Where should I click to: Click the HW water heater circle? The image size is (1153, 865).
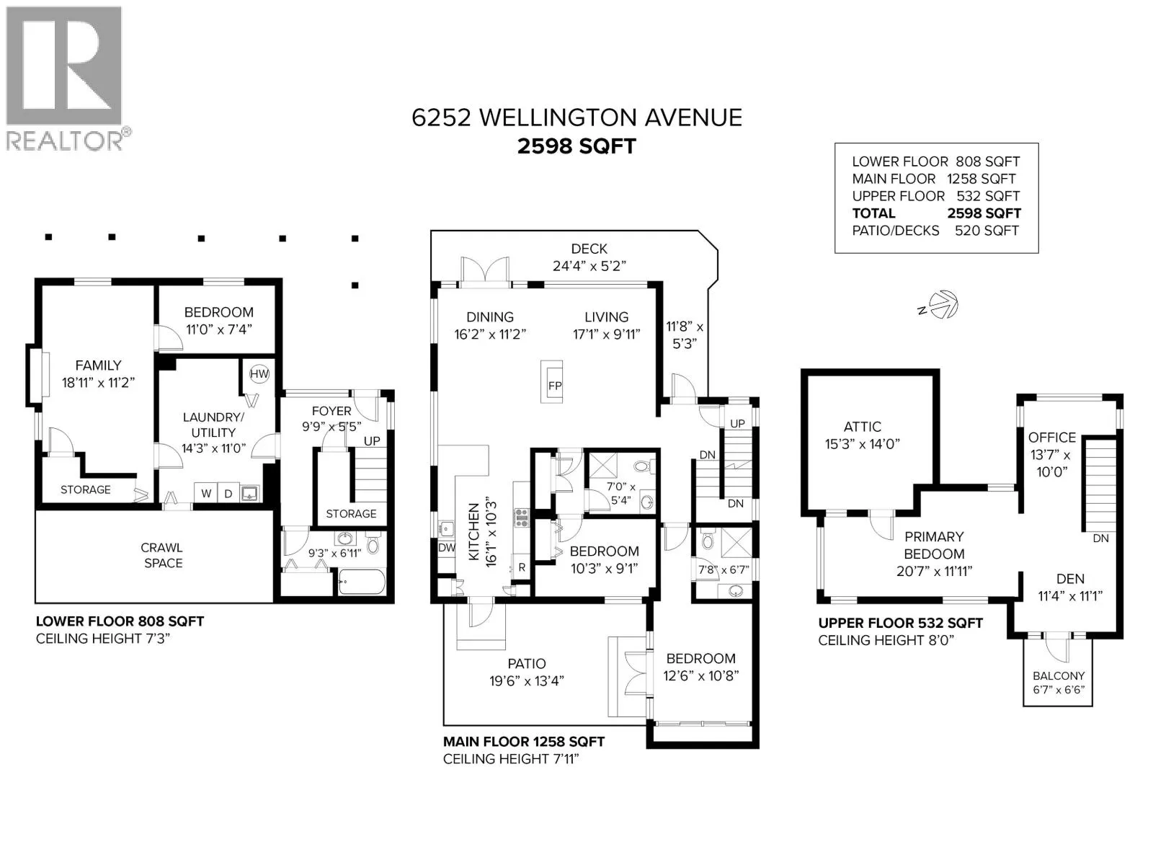[259, 374]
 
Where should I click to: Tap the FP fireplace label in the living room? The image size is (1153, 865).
[555, 386]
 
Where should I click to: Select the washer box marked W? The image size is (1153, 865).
[206, 493]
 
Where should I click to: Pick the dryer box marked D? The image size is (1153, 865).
[228, 493]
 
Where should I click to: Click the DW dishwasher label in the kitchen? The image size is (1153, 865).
[447, 548]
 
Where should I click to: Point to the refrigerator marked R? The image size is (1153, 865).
[522, 567]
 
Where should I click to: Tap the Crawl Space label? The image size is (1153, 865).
[162, 555]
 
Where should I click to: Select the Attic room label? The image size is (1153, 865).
[862, 427]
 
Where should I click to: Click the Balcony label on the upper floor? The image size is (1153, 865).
[1058, 676]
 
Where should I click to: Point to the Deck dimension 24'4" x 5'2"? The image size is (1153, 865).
[589, 266]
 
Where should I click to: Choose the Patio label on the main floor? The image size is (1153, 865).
[526, 664]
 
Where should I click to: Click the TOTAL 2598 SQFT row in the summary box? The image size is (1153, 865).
[936, 213]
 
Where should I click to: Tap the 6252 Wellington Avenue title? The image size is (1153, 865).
[576, 117]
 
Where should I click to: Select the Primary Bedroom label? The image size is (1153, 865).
[934, 545]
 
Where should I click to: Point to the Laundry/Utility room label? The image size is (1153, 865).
[213, 425]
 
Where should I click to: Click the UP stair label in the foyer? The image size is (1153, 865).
[372, 441]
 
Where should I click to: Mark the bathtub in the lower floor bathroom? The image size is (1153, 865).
[362, 582]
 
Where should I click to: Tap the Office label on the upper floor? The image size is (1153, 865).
[1051, 438]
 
